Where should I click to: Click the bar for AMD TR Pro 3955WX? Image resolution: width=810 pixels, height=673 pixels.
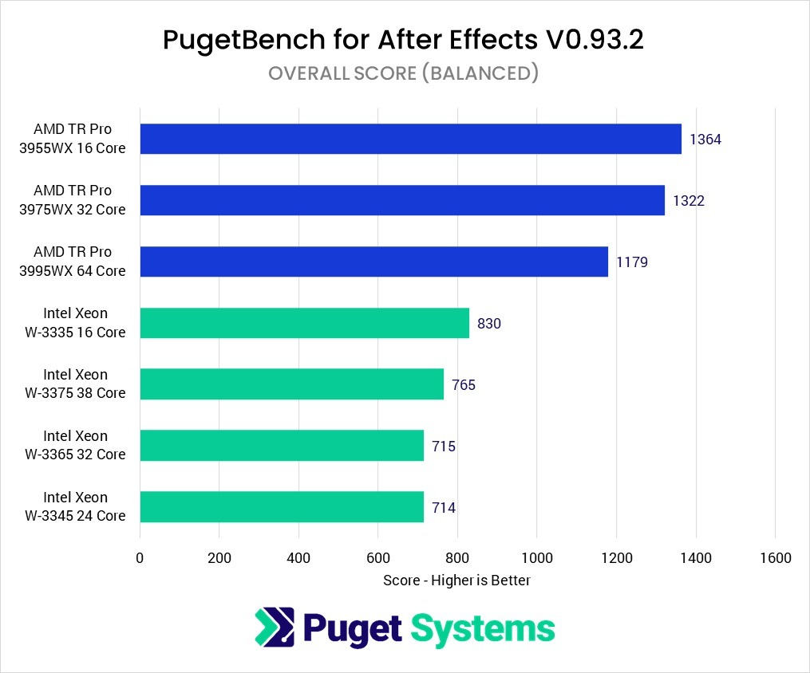pyautogui.click(x=410, y=139)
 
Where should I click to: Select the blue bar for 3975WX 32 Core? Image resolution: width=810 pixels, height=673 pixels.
pyautogui.click(x=402, y=200)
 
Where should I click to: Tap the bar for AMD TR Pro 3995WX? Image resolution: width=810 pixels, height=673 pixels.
pyautogui.click(x=373, y=262)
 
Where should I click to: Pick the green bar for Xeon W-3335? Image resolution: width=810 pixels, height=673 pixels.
pyautogui.click(x=304, y=323)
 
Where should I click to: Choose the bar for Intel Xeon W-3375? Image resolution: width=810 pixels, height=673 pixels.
pyautogui.click(x=291, y=384)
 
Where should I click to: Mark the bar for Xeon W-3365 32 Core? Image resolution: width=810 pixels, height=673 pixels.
pyautogui.click(x=282, y=446)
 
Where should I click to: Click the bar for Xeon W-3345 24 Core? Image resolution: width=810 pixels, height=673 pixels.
pyautogui.click(x=282, y=507)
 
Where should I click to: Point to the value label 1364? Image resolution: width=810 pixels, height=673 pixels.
pyautogui.click(x=705, y=140)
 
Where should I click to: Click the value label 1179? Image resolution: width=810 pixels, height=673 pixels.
pyautogui.click(x=632, y=262)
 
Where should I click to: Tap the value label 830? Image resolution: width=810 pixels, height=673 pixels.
pyautogui.click(x=489, y=324)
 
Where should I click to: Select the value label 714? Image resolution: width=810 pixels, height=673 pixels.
pyautogui.click(x=444, y=507)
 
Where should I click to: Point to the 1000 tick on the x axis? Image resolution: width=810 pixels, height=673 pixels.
pyautogui.click(x=537, y=558)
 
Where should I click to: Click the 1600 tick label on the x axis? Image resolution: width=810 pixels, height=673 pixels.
pyautogui.click(x=775, y=558)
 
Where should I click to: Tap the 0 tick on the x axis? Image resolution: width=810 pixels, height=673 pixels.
pyautogui.click(x=140, y=558)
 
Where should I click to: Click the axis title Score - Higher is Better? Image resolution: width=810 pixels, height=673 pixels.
pyautogui.click(x=456, y=580)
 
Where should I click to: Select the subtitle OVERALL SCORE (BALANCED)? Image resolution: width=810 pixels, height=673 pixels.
pyautogui.click(x=404, y=73)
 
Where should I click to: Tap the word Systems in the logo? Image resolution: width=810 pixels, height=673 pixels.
pyautogui.click(x=483, y=628)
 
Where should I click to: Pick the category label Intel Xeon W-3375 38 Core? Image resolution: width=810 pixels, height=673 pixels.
pyautogui.click(x=75, y=384)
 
